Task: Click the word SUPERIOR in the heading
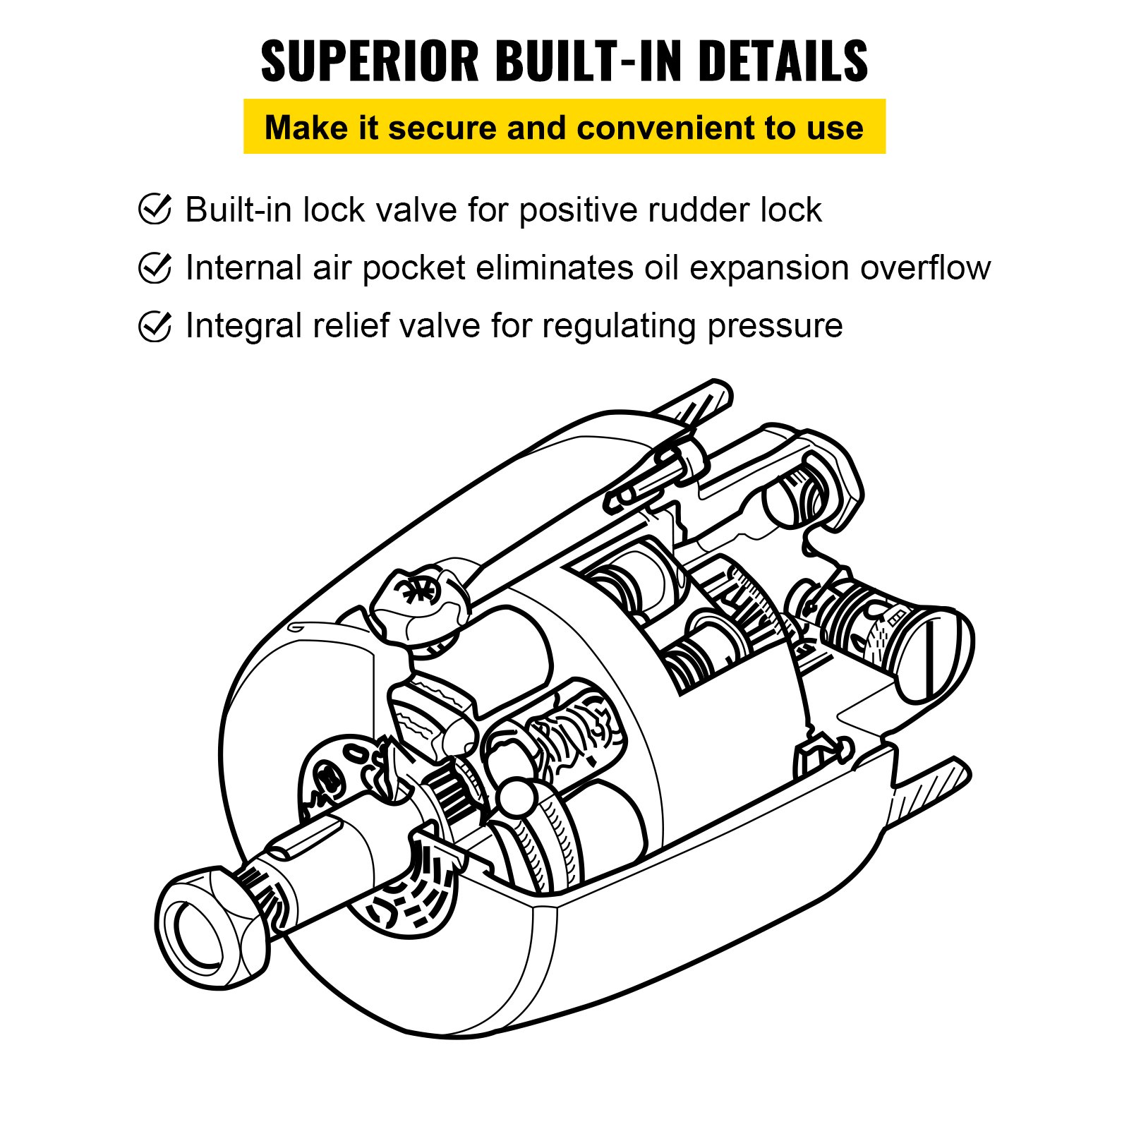pyautogui.click(x=370, y=61)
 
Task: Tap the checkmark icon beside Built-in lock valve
pyautogui.click(x=155, y=209)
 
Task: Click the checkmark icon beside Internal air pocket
pyautogui.click(x=155, y=267)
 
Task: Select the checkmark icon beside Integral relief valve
pyautogui.click(x=155, y=325)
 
